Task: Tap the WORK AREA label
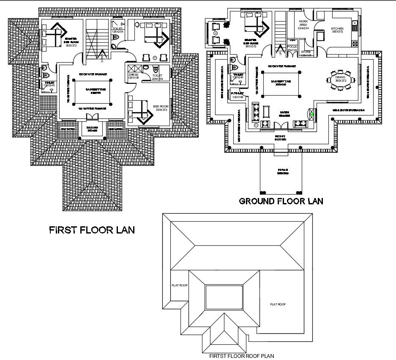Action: (303, 25)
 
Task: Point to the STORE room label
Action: (306, 53)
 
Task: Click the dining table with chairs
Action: (341, 80)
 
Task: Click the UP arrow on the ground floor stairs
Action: (279, 52)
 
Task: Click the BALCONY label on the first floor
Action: (93, 129)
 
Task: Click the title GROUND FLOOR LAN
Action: (281, 201)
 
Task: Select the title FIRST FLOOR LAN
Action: (92, 230)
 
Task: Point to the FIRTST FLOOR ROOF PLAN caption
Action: (239, 356)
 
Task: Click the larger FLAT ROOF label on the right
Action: (278, 304)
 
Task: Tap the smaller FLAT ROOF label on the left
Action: (179, 285)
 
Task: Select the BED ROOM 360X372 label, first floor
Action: (161, 108)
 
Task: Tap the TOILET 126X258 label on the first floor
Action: (118, 30)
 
